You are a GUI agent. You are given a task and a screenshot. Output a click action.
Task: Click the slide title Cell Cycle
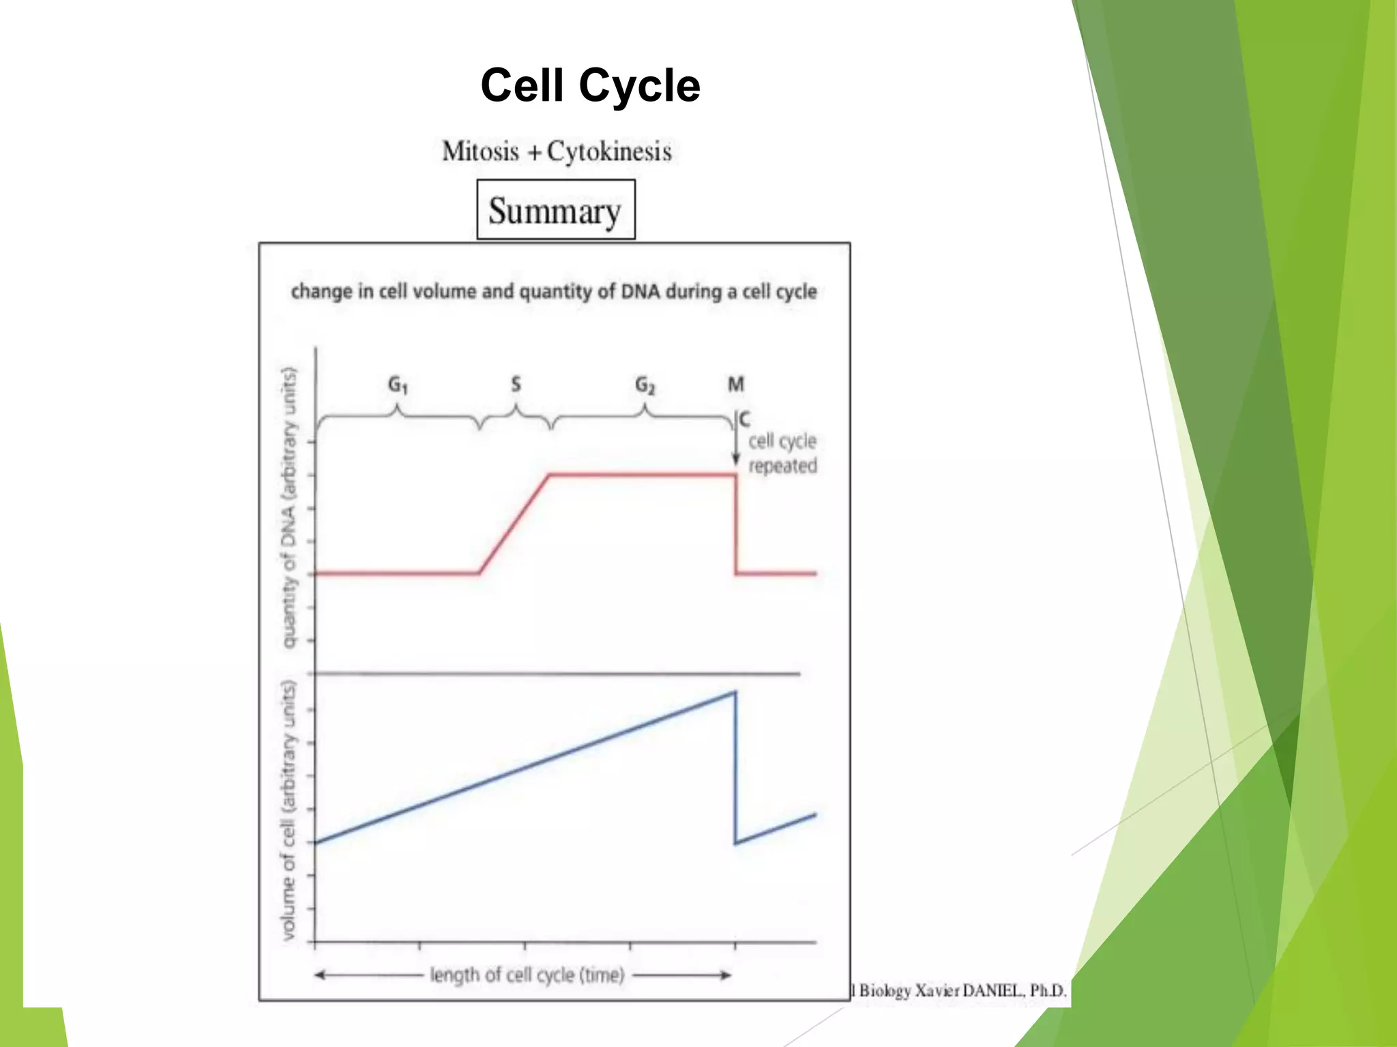[x=590, y=86]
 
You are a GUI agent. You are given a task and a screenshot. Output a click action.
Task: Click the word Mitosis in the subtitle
[x=480, y=151]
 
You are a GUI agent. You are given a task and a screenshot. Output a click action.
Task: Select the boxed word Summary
[x=555, y=211]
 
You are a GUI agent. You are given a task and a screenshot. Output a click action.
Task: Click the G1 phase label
[x=398, y=385]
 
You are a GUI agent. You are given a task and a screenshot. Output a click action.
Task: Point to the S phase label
[x=516, y=384]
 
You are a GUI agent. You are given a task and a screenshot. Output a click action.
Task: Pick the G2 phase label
[x=645, y=385]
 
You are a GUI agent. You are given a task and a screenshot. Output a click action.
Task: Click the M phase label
[x=735, y=384]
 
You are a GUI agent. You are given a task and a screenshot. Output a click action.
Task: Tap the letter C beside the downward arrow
[x=745, y=419]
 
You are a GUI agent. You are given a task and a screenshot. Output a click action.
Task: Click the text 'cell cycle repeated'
[x=782, y=453]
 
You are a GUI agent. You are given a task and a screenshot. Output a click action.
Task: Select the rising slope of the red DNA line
[x=514, y=523]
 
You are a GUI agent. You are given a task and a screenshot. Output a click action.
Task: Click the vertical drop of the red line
[x=736, y=525]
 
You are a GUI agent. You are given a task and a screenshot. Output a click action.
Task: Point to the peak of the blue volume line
[x=735, y=693]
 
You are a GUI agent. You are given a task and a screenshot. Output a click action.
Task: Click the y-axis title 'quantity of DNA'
[x=290, y=508]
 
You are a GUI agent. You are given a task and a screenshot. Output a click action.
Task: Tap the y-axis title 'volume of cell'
[x=290, y=810]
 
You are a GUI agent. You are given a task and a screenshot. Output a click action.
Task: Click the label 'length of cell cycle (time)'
[x=527, y=975]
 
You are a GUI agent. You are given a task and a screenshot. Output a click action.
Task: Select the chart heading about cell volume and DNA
[x=553, y=292]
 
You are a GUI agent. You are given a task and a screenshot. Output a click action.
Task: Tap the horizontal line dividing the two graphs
[x=556, y=673]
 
